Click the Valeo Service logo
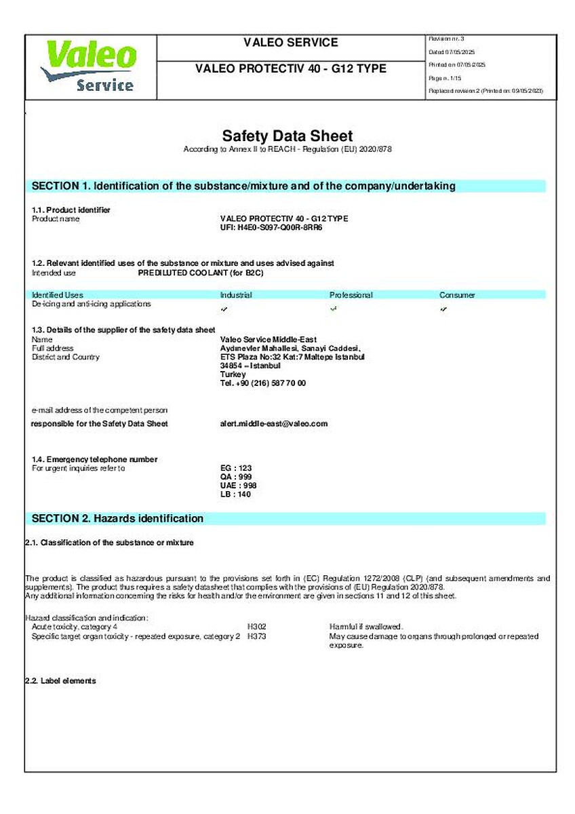(x=90, y=66)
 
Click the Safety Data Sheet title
(x=287, y=136)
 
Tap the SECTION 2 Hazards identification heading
(x=118, y=518)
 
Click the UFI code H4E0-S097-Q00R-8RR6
(x=271, y=228)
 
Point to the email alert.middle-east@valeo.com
(x=274, y=423)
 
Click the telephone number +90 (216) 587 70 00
(x=264, y=383)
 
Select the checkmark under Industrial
(x=224, y=309)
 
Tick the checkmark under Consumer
(x=443, y=309)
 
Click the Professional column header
(x=351, y=295)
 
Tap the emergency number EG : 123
(x=232, y=468)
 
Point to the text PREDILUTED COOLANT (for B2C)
(x=200, y=273)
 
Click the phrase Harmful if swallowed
(x=366, y=627)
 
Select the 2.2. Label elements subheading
(x=60, y=680)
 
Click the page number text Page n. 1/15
(x=445, y=77)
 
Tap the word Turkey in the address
(x=233, y=374)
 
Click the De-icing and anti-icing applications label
(x=92, y=305)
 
